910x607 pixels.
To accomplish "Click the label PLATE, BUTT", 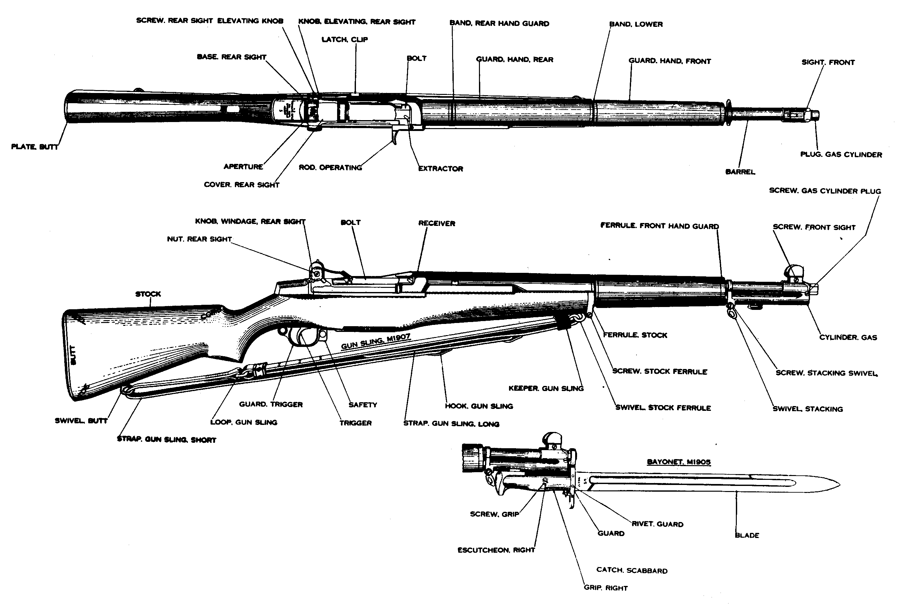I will (35, 147).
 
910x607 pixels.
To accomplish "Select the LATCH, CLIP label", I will (344, 40).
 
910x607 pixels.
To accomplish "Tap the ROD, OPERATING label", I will (330, 168).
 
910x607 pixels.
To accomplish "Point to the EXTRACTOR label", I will (441, 169).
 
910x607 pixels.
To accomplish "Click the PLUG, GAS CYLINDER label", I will (841, 154).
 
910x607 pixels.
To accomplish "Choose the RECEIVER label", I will (436, 223).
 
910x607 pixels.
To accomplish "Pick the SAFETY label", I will (363, 405).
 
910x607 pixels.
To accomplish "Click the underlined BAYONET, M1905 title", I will (679, 462).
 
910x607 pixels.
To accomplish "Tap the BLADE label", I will (747, 535).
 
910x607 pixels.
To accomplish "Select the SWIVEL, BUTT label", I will (81, 421).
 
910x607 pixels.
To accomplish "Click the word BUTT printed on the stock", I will (73, 355).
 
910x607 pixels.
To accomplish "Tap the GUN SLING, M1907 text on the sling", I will (375, 342).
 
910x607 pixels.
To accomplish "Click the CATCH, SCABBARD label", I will (632, 571).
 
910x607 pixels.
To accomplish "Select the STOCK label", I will (148, 294).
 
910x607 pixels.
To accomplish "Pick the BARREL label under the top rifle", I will (740, 172).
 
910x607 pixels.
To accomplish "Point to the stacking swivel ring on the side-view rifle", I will (731, 312).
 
